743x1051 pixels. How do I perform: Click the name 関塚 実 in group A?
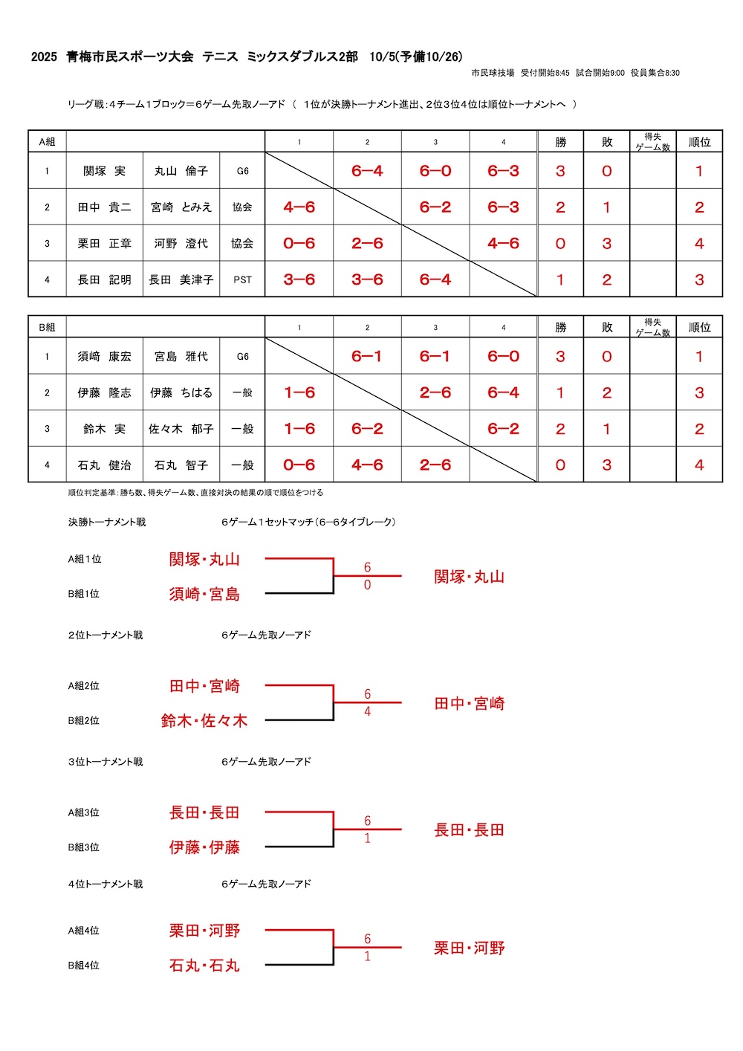[104, 171]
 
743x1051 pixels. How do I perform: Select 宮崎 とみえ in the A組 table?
[181, 207]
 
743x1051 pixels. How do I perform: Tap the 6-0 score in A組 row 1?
[435, 171]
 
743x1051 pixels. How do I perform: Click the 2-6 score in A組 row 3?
[367, 244]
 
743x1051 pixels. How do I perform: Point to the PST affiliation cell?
[242, 280]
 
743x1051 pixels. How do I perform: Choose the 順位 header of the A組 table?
[699, 142]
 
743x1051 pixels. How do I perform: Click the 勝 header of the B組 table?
[560, 327]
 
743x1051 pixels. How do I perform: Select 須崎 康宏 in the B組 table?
[104, 357]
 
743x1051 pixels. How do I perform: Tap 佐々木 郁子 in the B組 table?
[181, 429]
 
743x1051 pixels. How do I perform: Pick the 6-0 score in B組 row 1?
[503, 357]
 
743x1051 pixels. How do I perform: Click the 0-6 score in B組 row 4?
[299, 465]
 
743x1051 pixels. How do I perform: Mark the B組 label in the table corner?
[47, 327]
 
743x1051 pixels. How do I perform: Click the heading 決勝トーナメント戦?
[107, 523]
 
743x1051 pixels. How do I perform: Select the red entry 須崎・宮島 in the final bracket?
[204, 594]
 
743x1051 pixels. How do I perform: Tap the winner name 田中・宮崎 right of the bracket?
[470, 703]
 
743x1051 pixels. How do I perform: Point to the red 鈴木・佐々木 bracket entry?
[204, 720]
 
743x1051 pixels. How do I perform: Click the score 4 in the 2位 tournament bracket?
[367, 712]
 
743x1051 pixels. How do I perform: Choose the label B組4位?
[84, 966]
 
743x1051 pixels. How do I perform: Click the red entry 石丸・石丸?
[204, 966]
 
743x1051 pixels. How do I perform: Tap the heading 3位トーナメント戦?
[106, 762]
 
